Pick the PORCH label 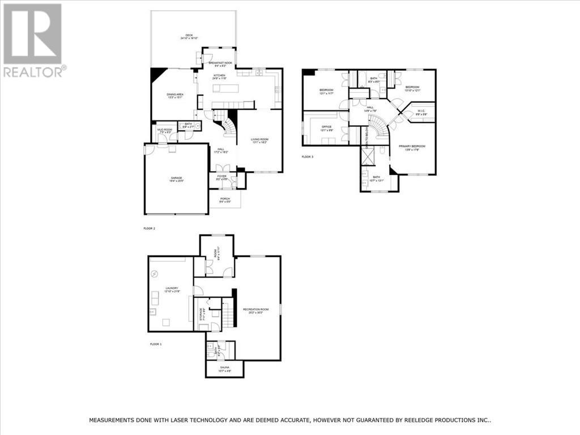[x=225, y=199]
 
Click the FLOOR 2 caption [x=150, y=228]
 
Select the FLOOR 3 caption [x=308, y=156]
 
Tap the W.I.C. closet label [x=421, y=112]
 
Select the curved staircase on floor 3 [x=378, y=125]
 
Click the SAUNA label [x=224, y=370]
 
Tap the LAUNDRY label [x=172, y=289]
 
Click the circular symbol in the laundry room [x=155, y=274]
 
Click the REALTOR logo [x=33, y=40]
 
